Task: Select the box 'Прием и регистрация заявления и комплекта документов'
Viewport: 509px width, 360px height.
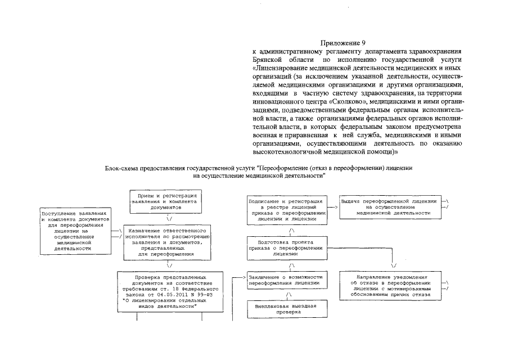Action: (163, 201)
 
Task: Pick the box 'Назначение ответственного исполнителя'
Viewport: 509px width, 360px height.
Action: (167, 242)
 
